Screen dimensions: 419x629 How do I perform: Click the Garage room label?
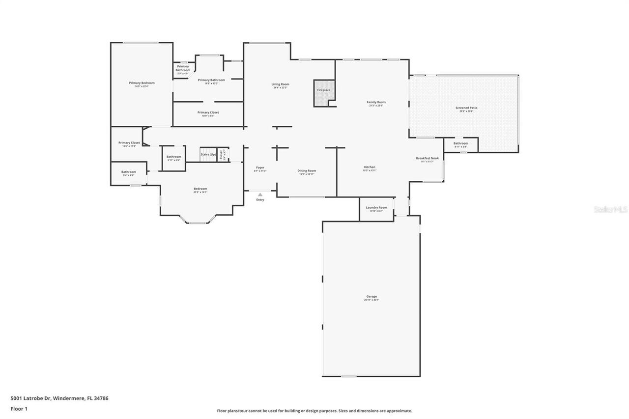click(x=372, y=297)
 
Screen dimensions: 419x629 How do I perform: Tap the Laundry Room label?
click(x=376, y=208)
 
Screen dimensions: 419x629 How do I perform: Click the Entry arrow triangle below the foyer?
click(x=260, y=195)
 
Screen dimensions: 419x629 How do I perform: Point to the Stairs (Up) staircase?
click(x=208, y=154)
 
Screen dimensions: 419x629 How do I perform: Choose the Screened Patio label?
click(x=466, y=108)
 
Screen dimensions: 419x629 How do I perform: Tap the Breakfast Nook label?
click(x=427, y=159)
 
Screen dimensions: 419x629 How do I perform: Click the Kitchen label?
click(x=370, y=168)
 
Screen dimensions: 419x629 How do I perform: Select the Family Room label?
click(x=376, y=102)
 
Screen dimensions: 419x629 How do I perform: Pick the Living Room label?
click(x=280, y=84)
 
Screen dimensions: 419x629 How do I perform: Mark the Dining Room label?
click(x=307, y=171)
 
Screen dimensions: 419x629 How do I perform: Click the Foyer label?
click(x=260, y=168)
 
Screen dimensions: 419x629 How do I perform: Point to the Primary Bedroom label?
click(x=142, y=83)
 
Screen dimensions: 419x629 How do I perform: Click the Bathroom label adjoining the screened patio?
click(x=460, y=143)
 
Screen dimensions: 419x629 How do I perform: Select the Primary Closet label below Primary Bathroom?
click(x=208, y=112)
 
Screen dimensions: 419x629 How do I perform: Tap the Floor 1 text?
click(x=19, y=409)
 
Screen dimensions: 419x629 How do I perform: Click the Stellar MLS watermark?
click(x=610, y=209)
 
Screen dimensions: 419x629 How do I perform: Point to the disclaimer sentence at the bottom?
click(x=314, y=411)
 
